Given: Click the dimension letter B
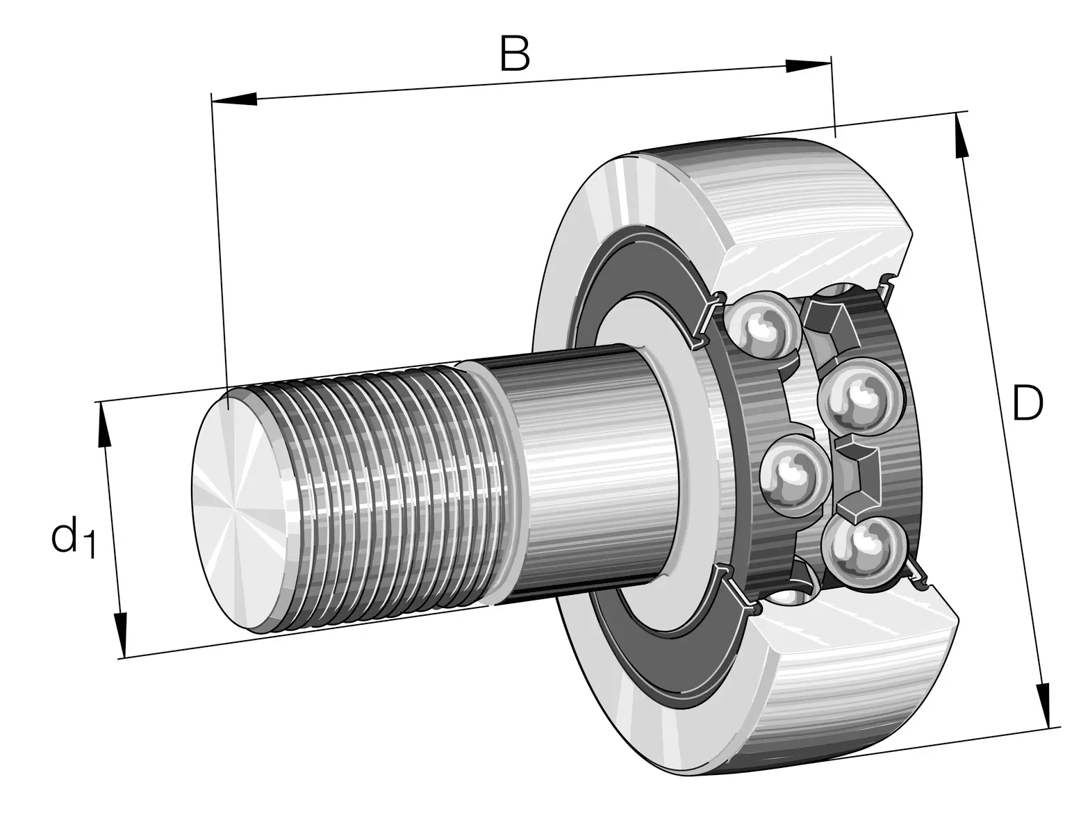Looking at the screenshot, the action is tap(515, 54).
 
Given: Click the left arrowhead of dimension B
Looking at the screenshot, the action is tap(234, 99).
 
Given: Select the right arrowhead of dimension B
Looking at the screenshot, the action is tap(807, 66).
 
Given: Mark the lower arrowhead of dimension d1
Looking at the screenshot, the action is tap(121, 635).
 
